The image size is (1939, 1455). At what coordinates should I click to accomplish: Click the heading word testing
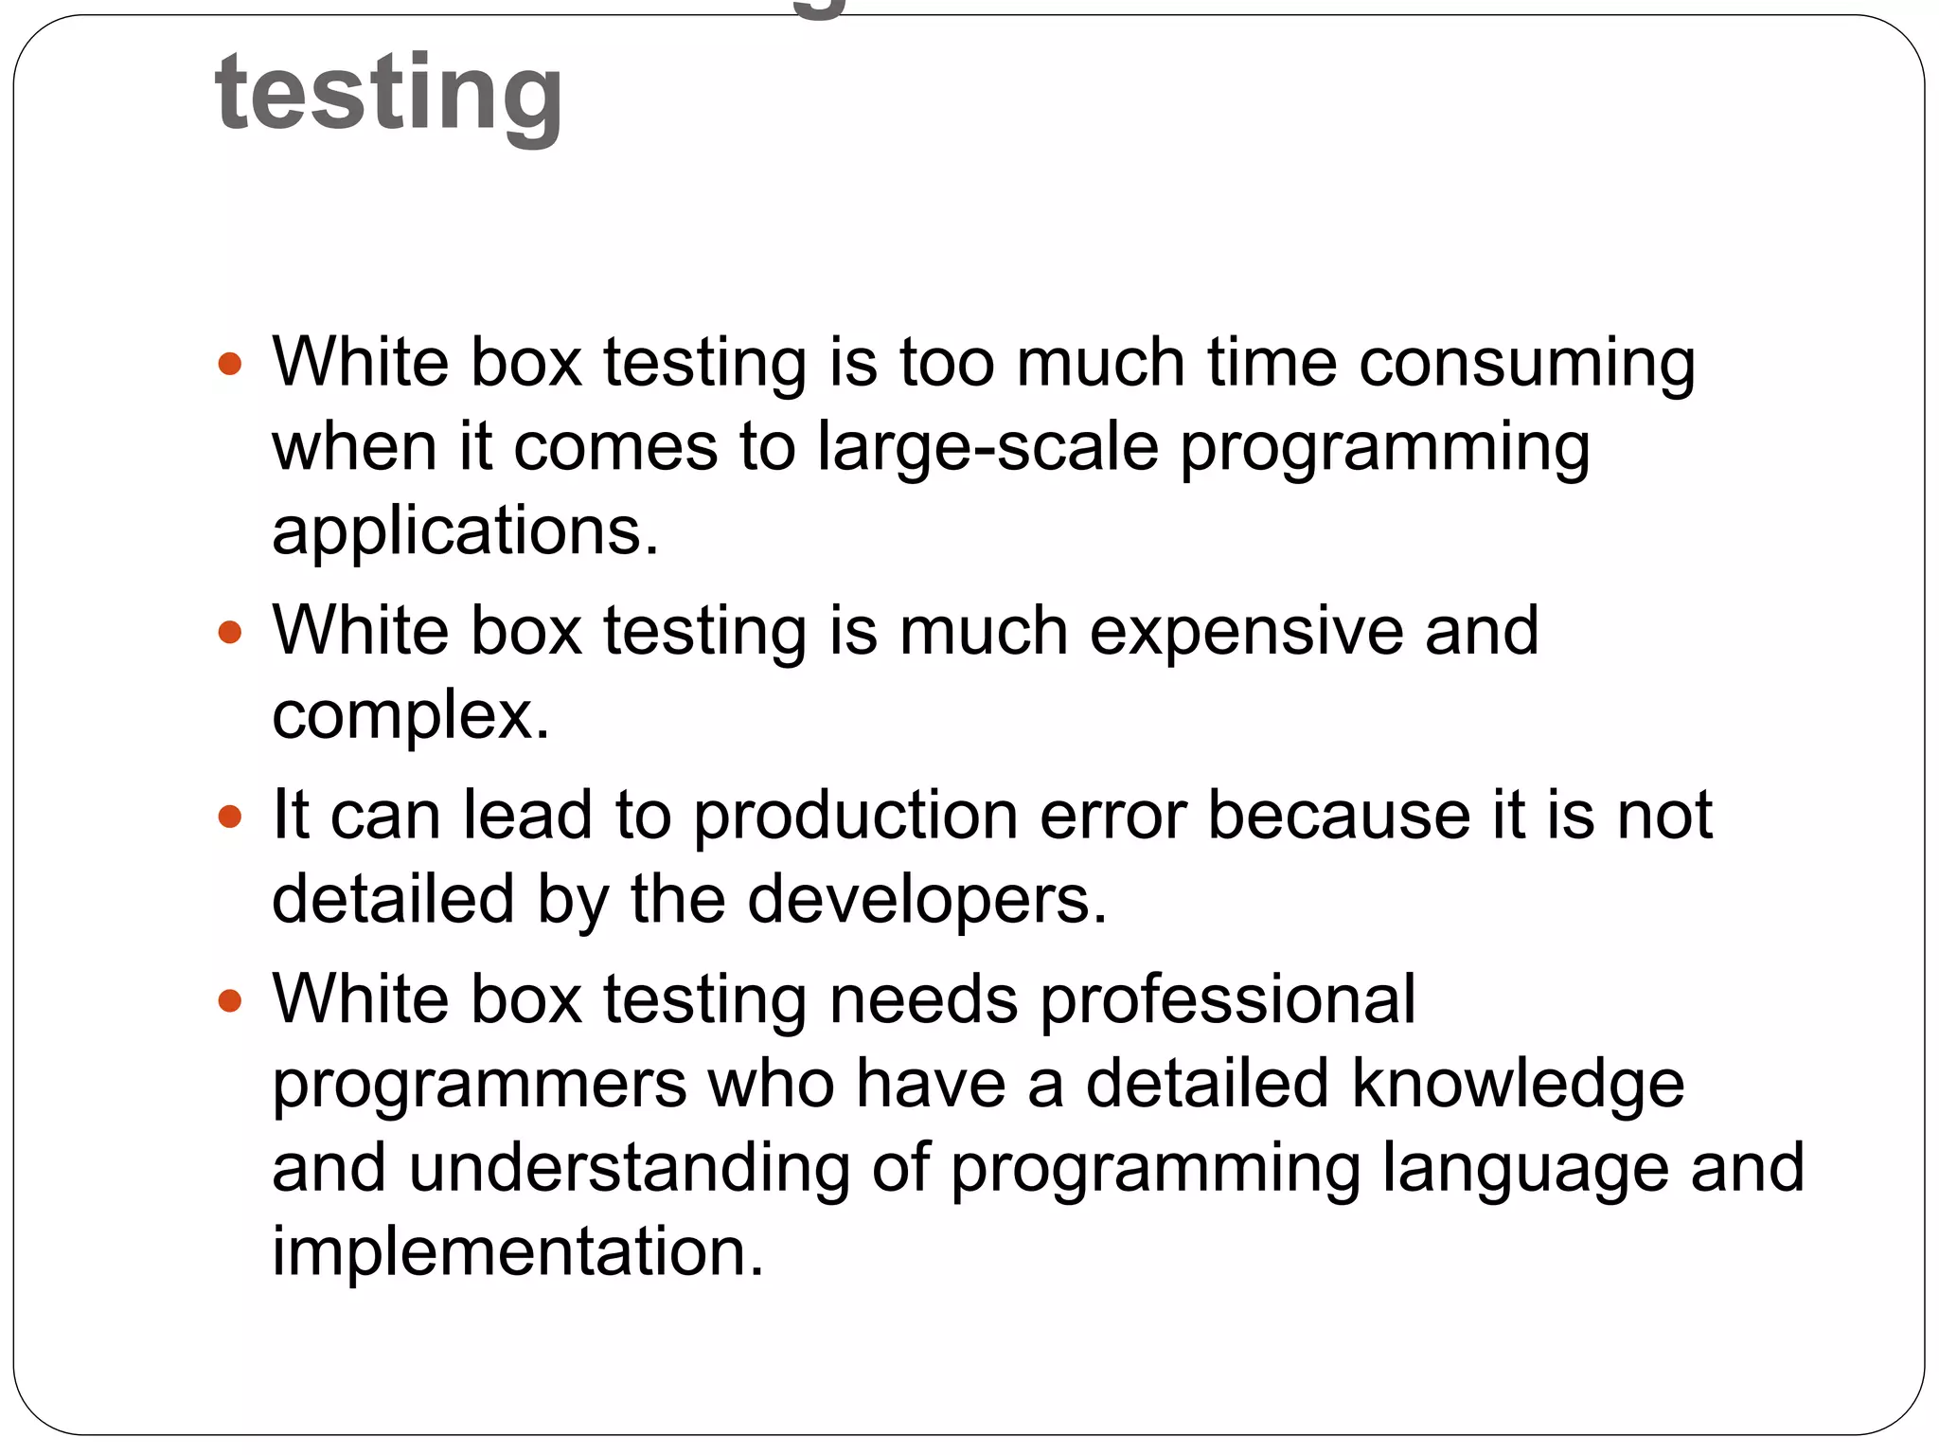tap(389, 93)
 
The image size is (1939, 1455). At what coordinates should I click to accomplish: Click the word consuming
tap(1526, 365)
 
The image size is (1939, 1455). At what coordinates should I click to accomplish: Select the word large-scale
tap(987, 448)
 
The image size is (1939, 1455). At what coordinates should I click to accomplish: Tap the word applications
tap(464, 531)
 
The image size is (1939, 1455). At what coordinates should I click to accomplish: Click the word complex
tap(410, 715)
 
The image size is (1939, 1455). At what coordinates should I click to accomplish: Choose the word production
tap(856, 817)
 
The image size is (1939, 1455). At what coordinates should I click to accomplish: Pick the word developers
tap(926, 900)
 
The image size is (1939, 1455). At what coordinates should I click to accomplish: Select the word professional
tap(1227, 1000)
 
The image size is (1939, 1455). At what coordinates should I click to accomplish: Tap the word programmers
tap(479, 1085)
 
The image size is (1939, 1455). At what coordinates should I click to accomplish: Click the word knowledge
tap(1518, 1085)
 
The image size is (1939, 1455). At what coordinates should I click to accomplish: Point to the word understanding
tap(630, 1169)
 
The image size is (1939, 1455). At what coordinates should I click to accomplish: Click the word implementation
tap(517, 1252)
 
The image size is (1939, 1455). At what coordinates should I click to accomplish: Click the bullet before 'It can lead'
tap(230, 817)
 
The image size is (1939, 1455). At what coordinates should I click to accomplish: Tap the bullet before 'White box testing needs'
tap(230, 1000)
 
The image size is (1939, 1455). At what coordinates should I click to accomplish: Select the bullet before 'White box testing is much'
tap(230, 632)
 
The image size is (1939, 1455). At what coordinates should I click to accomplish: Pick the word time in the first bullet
tap(1272, 365)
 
